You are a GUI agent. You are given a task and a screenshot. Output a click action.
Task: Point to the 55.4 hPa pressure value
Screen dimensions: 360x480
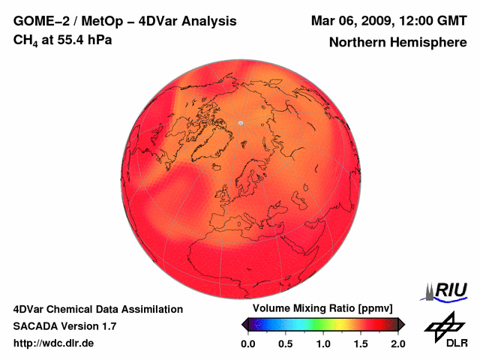click(82, 39)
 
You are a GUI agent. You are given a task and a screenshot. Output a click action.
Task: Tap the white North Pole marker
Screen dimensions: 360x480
click(240, 122)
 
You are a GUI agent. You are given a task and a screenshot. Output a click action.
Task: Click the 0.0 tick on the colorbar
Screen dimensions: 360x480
click(248, 343)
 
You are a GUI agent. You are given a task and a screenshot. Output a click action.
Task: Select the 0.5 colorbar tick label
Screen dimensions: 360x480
click(286, 343)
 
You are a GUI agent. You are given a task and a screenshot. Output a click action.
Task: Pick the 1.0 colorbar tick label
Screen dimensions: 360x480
click(323, 343)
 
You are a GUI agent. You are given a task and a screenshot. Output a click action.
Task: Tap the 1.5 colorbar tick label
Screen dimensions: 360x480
click(361, 343)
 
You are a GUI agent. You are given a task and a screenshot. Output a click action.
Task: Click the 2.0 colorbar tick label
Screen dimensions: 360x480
click(397, 343)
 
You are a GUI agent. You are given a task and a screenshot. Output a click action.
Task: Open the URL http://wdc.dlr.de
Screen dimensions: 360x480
click(54, 343)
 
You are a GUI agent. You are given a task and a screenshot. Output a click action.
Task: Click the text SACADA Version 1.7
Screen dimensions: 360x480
click(64, 326)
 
